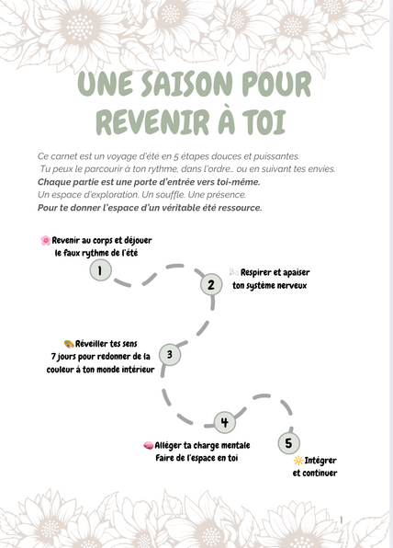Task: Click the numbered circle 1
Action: pos(100,270)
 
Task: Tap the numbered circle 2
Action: pos(211,285)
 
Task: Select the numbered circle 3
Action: pos(170,355)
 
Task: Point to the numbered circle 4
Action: pos(224,422)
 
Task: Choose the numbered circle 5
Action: pos(289,443)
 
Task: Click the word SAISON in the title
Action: pos(186,84)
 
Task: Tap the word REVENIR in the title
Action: pos(152,122)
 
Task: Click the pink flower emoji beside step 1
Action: pos(45,240)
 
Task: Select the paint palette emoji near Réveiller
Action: pos(69,344)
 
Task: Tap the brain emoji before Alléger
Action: pos(149,446)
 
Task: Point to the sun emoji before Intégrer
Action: pos(298,461)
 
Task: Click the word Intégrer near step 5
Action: pos(320,461)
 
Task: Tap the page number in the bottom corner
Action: pos(341,520)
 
